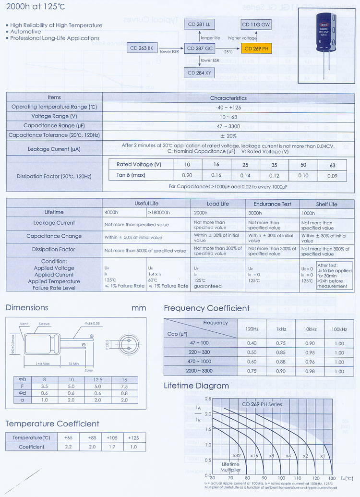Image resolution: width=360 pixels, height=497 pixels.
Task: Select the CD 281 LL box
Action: coord(201,24)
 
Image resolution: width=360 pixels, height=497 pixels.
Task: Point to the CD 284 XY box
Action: coord(201,73)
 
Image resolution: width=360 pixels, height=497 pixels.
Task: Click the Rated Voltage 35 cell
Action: coord(274,165)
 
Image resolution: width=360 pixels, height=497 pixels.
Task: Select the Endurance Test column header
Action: coord(272,204)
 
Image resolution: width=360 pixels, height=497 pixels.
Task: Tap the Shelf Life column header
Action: coord(326,204)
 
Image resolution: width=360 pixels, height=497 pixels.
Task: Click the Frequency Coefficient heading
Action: coord(207,308)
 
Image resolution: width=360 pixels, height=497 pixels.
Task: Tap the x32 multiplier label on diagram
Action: coord(236,455)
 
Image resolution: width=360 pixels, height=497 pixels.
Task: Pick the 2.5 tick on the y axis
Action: coord(208,399)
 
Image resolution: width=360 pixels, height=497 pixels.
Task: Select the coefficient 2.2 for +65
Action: coord(67,447)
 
